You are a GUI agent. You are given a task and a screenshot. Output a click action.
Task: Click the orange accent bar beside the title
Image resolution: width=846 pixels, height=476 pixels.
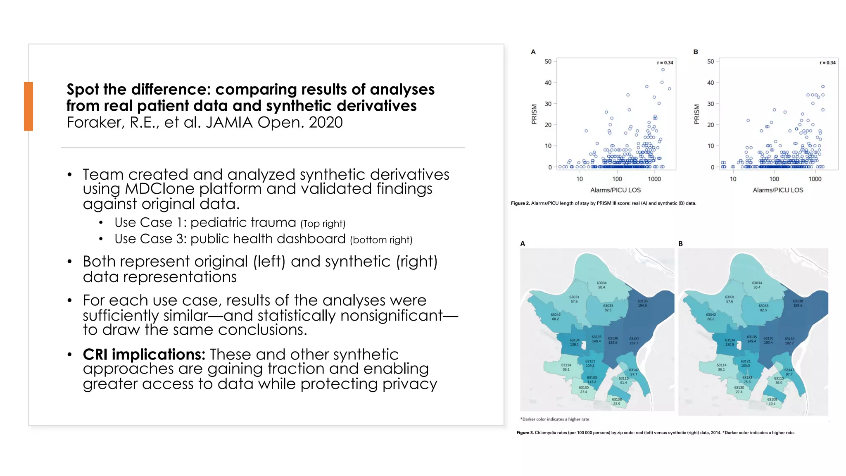(x=28, y=106)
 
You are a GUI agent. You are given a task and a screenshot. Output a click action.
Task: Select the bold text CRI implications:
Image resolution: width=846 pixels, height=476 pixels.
(x=144, y=354)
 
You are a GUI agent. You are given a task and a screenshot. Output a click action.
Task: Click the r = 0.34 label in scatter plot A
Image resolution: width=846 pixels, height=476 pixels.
(x=665, y=63)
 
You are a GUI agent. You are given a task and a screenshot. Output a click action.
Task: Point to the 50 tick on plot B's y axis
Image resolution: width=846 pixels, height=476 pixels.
(x=711, y=62)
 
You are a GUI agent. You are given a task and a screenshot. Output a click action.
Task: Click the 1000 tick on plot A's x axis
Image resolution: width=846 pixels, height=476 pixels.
(x=654, y=179)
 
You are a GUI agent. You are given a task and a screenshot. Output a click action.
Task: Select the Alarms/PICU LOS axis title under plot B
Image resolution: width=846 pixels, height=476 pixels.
(x=778, y=190)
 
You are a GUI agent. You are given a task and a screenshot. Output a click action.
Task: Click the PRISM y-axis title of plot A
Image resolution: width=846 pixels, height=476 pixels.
(x=534, y=114)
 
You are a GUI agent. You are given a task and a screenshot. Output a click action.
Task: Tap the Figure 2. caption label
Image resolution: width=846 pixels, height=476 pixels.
(x=520, y=203)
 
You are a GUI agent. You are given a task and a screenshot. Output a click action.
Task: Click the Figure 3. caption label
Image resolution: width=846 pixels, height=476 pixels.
(x=525, y=433)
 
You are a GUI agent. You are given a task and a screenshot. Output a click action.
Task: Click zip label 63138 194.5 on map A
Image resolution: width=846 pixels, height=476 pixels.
(x=642, y=303)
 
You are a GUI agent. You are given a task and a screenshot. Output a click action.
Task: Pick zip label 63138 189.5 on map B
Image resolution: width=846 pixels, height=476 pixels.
(x=798, y=303)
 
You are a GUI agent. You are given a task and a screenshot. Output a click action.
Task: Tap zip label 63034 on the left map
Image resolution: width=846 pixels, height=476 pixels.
(x=601, y=285)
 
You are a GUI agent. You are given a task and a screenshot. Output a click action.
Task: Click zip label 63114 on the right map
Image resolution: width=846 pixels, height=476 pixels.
(x=721, y=367)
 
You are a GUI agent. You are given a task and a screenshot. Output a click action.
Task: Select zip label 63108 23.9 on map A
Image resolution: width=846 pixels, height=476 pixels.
(x=617, y=402)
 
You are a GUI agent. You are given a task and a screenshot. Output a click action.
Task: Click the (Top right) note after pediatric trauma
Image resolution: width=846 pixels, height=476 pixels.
(x=323, y=224)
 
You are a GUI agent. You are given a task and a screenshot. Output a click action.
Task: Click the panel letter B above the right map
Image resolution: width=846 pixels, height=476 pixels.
(x=680, y=244)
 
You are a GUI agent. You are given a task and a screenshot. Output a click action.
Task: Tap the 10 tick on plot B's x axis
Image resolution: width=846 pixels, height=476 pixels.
(x=733, y=179)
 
